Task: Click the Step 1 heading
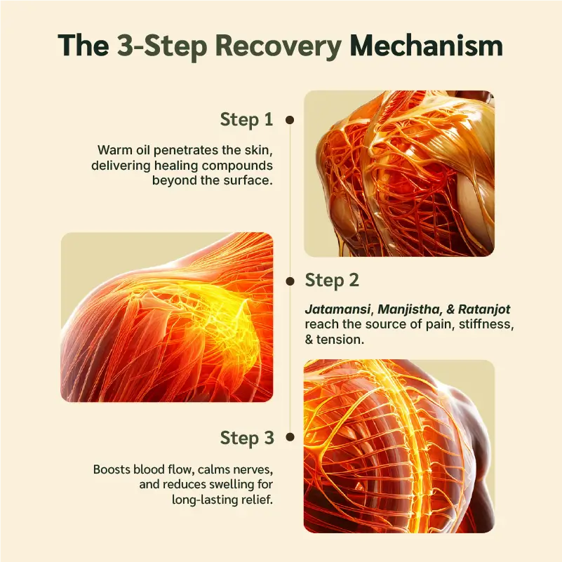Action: coord(246,119)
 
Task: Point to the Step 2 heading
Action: coord(332,281)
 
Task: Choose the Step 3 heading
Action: coord(246,438)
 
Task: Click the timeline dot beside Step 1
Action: coord(289,120)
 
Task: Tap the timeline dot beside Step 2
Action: coord(289,281)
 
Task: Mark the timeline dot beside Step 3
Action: coord(289,438)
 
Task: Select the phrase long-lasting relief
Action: coord(222,500)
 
